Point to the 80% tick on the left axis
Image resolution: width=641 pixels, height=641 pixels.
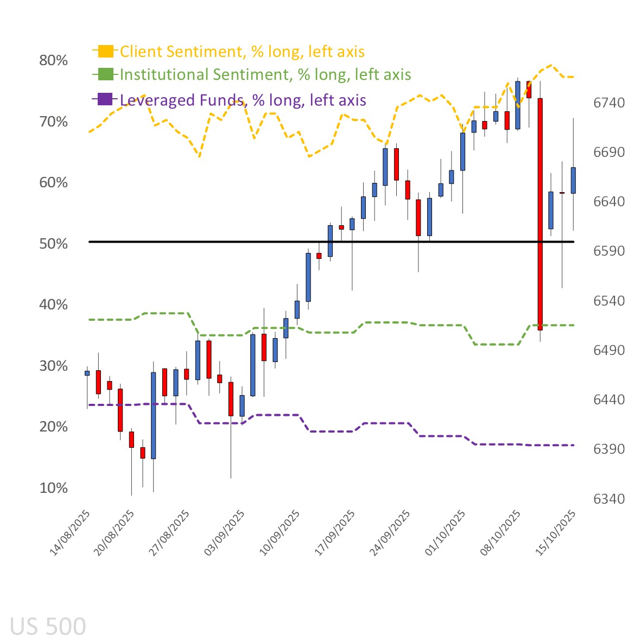click(x=53, y=60)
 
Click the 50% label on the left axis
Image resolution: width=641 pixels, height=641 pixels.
click(x=53, y=244)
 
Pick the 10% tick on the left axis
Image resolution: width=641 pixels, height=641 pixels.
click(x=53, y=488)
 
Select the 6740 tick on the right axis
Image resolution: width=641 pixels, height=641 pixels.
click(x=608, y=103)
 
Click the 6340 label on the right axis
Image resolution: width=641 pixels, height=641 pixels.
click(x=608, y=499)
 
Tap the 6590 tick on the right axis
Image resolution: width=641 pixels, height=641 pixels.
click(x=608, y=251)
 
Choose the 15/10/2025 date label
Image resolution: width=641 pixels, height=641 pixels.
click(x=556, y=532)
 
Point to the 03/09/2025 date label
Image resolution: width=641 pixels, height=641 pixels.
click(x=224, y=532)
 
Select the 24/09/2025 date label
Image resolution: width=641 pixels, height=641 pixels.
click(x=390, y=532)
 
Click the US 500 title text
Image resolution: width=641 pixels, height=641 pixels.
click(x=48, y=626)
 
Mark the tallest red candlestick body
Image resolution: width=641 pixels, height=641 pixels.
click(x=540, y=214)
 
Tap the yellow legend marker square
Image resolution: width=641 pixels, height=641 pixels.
click(x=105, y=52)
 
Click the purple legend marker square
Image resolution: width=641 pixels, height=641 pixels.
click(x=105, y=99)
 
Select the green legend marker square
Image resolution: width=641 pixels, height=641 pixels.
click(x=105, y=74)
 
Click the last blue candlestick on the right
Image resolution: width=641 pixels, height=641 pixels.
click(x=573, y=180)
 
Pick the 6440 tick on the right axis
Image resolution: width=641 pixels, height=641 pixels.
click(x=608, y=399)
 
